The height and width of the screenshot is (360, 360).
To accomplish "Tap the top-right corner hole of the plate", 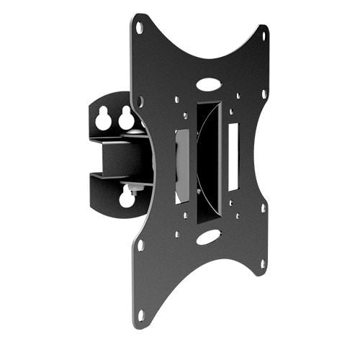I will pos(264,35).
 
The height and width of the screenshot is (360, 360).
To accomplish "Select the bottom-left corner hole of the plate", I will pos(140,315).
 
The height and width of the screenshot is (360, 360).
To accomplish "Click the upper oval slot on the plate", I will pos(208,84).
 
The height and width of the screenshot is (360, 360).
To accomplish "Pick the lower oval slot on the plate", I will pos(207,236).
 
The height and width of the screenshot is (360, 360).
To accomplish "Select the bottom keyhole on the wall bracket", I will pos(127,197).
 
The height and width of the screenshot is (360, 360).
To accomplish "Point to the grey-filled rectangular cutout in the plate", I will pos(182,166).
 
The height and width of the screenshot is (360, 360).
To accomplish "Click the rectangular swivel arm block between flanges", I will pos(119,158).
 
